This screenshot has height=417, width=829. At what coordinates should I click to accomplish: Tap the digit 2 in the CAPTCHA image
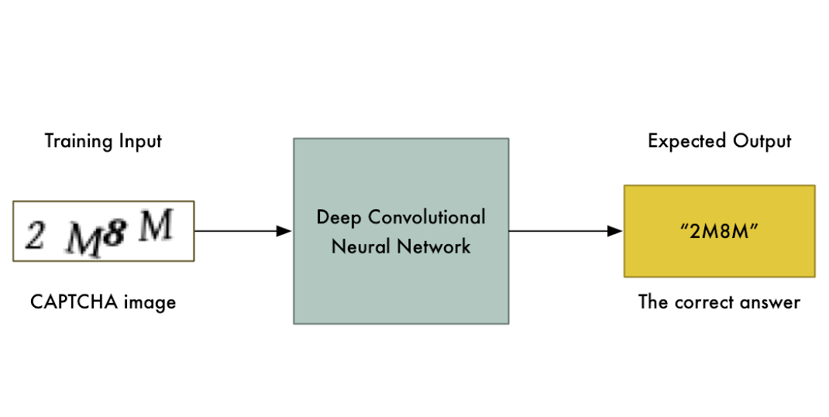[35, 233]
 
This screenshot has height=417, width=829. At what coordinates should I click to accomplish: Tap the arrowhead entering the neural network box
[284, 231]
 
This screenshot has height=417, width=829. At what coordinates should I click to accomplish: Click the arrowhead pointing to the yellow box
[615, 231]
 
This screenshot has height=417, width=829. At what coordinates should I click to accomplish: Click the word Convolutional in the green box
[427, 216]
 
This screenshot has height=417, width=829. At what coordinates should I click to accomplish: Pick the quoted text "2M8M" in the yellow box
[720, 232]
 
